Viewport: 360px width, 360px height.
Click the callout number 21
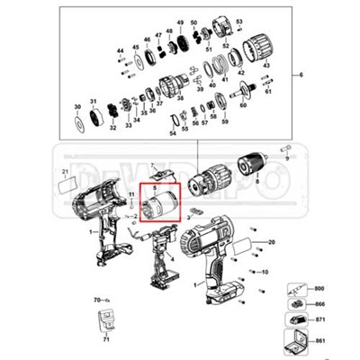[65, 171]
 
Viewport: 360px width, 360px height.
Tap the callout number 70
[96, 298]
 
